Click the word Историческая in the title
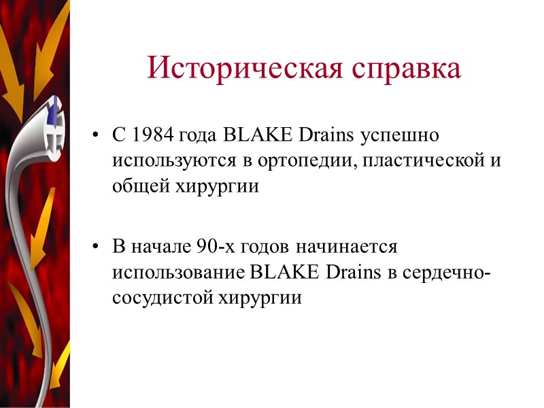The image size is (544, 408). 241,68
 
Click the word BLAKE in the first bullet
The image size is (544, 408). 246,135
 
